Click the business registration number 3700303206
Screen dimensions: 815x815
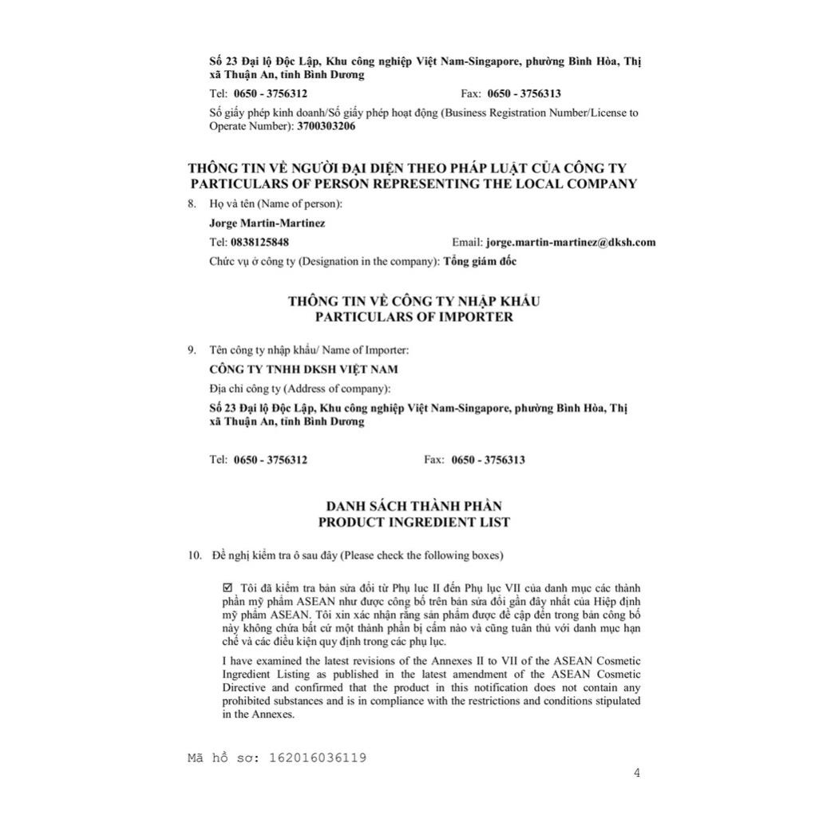click(x=326, y=126)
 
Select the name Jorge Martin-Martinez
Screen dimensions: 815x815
click(x=267, y=223)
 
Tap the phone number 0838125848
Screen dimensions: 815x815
click(x=259, y=242)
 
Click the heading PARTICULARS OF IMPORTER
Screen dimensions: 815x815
click(x=413, y=317)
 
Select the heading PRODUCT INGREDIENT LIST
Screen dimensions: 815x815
click(x=413, y=522)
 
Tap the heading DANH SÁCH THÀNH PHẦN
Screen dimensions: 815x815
click(x=413, y=506)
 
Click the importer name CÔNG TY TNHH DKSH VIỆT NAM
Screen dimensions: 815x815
click(x=303, y=370)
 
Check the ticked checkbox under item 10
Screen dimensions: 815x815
click(x=227, y=588)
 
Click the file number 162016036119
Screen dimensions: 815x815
click(x=318, y=758)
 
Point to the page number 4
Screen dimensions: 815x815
click(x=636, y=772)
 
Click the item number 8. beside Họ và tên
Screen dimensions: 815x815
click(x=192, y=204)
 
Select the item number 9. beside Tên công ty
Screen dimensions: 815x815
click(x=192, y=350)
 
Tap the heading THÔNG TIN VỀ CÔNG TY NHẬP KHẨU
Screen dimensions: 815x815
click(x=413, y=301)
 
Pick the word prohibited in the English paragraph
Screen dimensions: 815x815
click(x=247, y=702)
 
